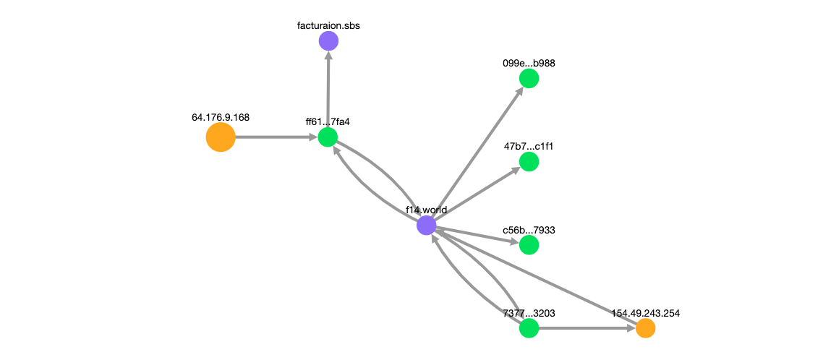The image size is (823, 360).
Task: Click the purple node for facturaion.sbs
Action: pos(328,41)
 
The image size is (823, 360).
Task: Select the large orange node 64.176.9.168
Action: pos(221,137)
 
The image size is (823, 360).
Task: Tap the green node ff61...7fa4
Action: pos(328,137)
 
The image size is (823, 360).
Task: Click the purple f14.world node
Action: pos(427,226)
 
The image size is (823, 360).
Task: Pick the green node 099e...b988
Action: pos(529,78)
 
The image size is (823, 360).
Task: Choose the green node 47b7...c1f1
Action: pos(529,162)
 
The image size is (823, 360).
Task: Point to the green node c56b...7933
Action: pos(529,245)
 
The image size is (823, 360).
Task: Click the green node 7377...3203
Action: pos(529,328)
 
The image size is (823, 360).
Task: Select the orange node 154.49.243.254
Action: pos(646,328)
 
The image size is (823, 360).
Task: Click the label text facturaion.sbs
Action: pos(328,26)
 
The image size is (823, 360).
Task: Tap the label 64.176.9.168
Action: pos(221,116)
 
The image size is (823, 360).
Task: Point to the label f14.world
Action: pos(426,210)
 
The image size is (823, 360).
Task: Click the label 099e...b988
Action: pos(529,63)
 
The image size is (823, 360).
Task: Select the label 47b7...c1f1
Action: pos(529,147)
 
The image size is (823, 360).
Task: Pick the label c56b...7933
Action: pos(529,230)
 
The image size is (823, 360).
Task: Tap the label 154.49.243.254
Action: pos(646,313)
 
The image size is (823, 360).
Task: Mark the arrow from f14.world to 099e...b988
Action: pos(478,152)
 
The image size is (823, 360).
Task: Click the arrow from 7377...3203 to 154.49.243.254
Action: pos(586,328)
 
